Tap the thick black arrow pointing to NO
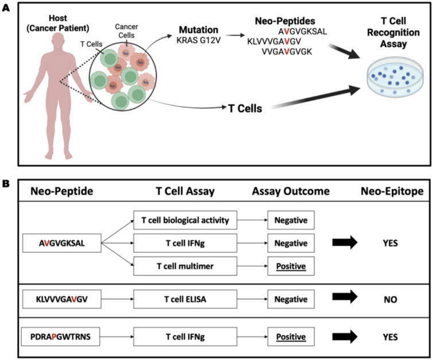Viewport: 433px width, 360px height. pyautogui.click(x=345, y=297)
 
